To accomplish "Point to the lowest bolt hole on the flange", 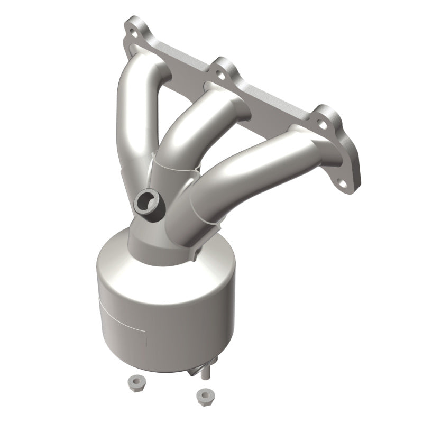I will click(344, 185).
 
